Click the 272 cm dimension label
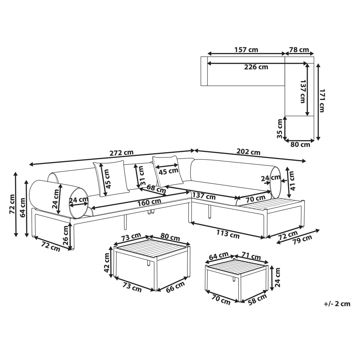click(x=121, y=153)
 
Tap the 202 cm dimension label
click(x=248, y=152)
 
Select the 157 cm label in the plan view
click(x=246, y=50)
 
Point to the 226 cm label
click(x=256, y=67)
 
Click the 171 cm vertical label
click(x=322, y=100)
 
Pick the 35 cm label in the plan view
click(x=280, y=128)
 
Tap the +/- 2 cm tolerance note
click(x=337, y=304)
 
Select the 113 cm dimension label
click(x=228, y=234)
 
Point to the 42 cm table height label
click(x=107, y=263)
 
